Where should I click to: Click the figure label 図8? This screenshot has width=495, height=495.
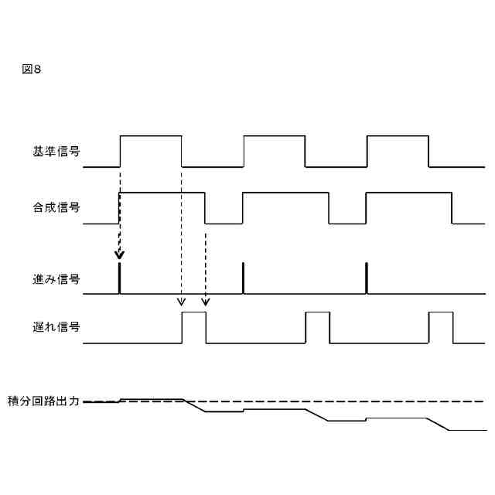click(x=32, y=70)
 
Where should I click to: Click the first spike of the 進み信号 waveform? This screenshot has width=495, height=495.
click(x=119, y=278)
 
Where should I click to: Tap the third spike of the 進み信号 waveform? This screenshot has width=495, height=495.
click(x=366, y=278)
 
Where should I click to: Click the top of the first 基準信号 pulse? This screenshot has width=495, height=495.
click(x=150, y=136)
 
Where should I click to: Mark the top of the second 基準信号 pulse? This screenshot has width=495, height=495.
click(x=274, y=136)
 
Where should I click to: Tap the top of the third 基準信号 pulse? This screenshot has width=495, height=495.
click(x=397, y=136)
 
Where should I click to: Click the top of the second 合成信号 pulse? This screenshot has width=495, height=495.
click(x=285, y=192)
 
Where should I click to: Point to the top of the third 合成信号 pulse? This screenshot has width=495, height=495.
click(x=408, y=192)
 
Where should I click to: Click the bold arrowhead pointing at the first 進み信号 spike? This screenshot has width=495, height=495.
click(x=119, y=255)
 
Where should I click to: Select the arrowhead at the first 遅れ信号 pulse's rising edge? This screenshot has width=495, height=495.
click(x=181, y=302)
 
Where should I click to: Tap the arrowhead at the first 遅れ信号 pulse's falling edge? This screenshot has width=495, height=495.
click(x=205, y=302)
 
